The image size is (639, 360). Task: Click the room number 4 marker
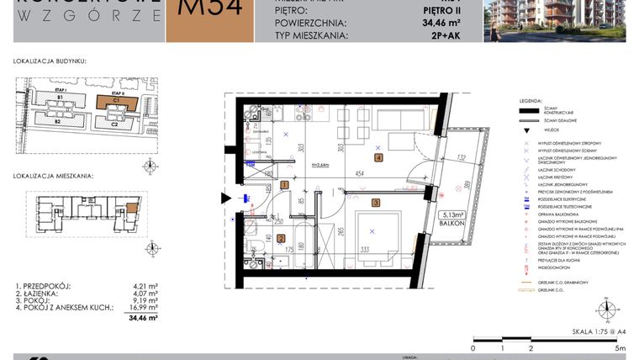[x=379, y=157]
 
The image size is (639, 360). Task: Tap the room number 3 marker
[x=376, y=202]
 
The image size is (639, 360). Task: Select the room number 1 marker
[x=285, y=184]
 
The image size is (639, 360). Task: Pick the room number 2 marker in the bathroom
[x=281, y=238]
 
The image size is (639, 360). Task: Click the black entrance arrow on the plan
[x=226, y=199]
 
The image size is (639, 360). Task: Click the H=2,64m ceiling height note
[x=319, y=165]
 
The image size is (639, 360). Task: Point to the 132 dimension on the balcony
[x=461, y=156]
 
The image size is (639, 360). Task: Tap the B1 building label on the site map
[x=61, y=98]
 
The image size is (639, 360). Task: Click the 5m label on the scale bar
[x=619, y=347]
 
